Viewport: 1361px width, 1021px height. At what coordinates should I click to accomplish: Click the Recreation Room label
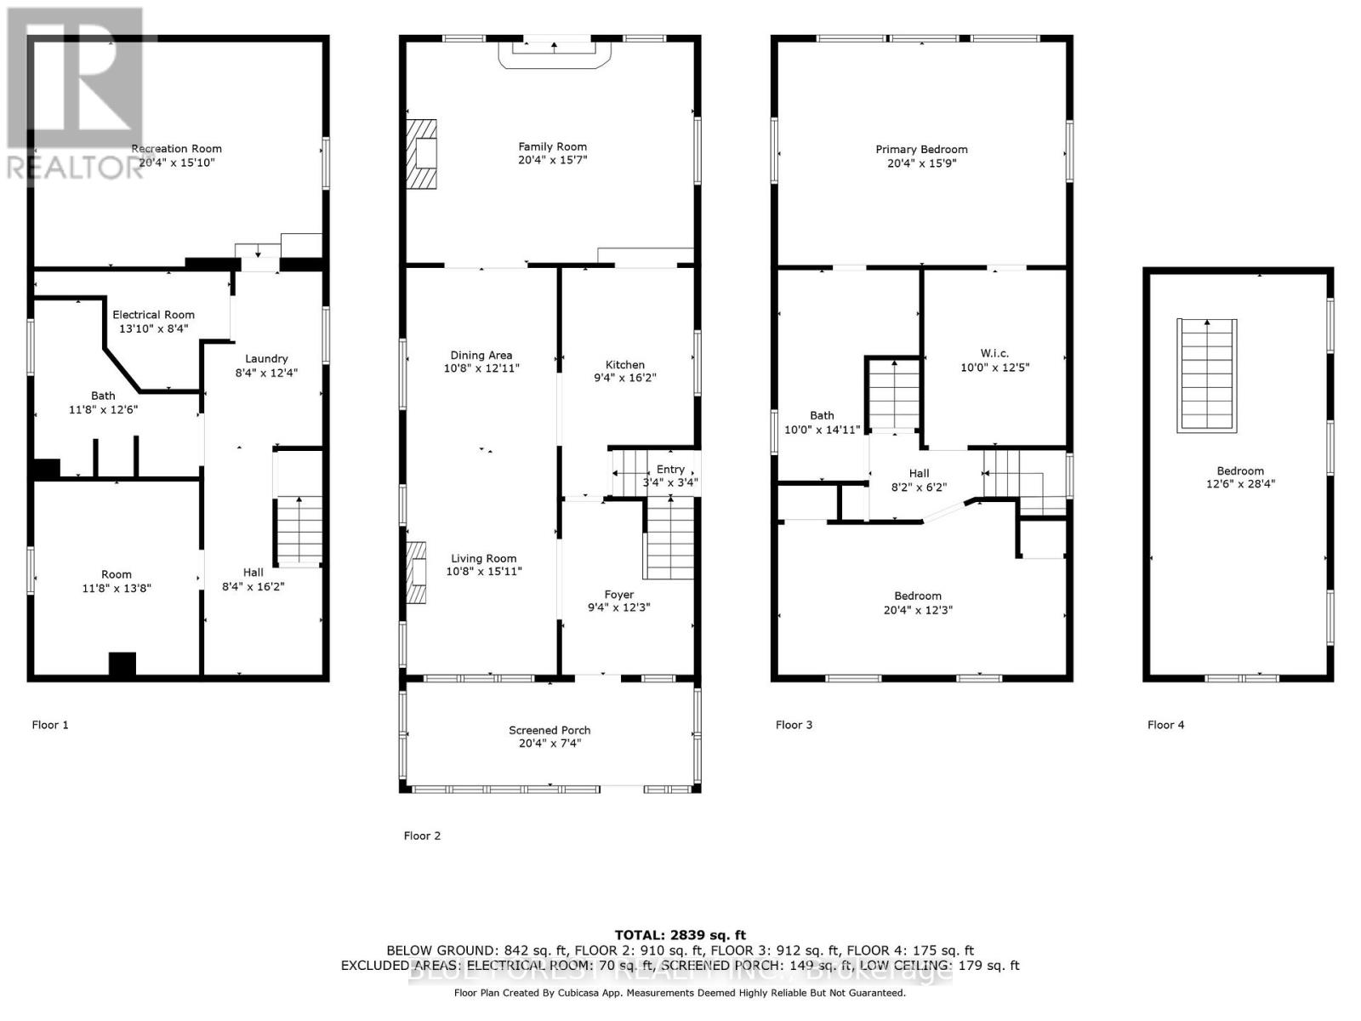point(176,149)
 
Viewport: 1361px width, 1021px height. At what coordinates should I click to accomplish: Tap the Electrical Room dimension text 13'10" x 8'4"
point(153,328)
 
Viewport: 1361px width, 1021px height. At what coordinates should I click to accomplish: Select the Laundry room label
point(266,359)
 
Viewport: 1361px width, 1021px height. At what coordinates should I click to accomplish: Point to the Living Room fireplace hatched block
point(416,573)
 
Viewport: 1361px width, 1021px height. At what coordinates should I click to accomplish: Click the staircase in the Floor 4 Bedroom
point(1206,374)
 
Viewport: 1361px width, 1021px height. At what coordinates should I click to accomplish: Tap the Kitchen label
point(625,364)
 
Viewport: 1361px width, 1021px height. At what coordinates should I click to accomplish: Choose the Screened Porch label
point(550,730)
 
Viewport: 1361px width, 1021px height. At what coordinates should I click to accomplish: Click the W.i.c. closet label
point(994,353)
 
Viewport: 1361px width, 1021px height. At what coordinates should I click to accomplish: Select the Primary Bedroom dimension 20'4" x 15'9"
point(922,163)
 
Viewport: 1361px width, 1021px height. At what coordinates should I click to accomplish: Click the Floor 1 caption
point(50,725)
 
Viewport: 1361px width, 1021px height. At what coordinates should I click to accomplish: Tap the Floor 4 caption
point(1165,725)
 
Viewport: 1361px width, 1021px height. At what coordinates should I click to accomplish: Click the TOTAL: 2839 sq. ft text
point(680,935)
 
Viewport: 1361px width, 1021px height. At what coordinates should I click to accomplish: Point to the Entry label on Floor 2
point(670,469)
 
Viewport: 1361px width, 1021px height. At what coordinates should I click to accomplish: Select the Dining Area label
point(481,355)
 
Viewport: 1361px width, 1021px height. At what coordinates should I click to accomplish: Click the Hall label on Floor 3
point(919,473)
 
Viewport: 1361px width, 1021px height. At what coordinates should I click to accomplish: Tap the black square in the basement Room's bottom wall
point(122,665)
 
